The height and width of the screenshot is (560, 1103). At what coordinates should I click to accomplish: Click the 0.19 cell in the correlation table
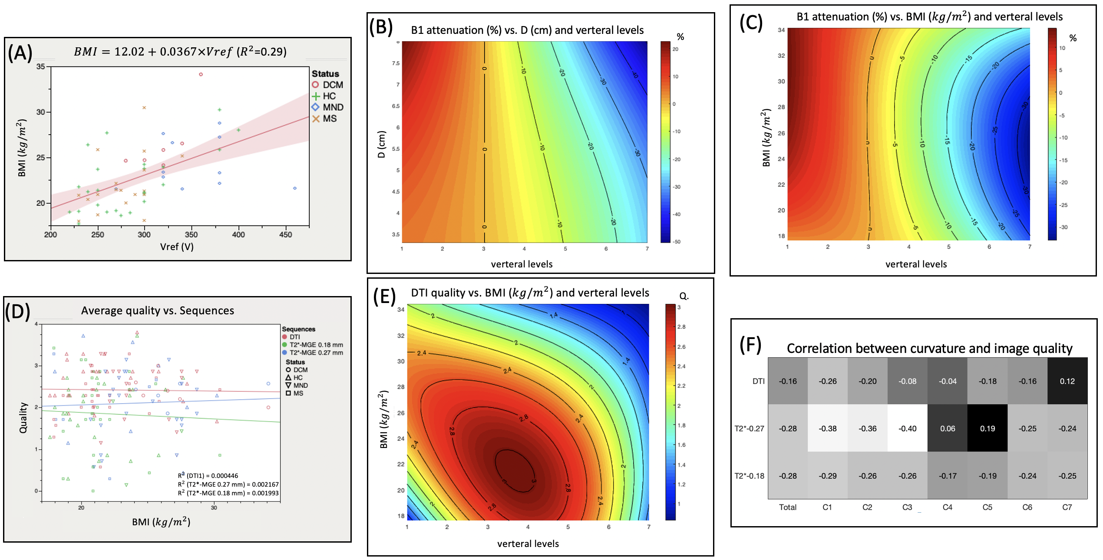click(987, 428)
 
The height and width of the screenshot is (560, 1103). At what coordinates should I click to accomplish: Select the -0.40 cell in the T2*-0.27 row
click(907, 428)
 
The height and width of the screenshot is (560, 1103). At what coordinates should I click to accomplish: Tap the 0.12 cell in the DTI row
click(1067, 381)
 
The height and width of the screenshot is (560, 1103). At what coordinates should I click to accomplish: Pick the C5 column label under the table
click(987, 507)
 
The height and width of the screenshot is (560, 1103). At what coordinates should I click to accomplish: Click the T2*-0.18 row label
click(749, 476)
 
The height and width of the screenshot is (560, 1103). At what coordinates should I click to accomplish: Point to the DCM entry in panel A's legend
click(328, 85)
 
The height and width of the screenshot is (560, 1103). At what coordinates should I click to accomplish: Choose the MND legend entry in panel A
click(328, 107)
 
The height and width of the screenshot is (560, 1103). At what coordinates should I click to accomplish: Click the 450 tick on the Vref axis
click(285, 234)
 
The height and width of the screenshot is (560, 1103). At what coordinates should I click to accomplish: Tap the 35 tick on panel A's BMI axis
click(40, 66)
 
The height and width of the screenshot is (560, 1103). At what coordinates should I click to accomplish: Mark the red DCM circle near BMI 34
click(201, 74)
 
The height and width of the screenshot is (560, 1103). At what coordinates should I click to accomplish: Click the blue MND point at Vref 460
click(295, 188)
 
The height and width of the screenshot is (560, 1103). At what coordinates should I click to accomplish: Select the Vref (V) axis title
click(177, 247)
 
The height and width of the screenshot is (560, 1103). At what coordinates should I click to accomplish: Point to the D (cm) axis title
click(381, 144)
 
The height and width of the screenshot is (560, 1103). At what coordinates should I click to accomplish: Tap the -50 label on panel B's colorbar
click(677, 241)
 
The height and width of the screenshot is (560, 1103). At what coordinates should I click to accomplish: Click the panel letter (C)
click(751, 23)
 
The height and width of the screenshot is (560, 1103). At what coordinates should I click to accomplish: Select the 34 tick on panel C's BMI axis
click(781, 30)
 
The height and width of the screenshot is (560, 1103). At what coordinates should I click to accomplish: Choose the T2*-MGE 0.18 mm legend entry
click(316, 345)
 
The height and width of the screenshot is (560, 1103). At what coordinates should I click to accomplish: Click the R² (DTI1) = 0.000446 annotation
click(208, 475)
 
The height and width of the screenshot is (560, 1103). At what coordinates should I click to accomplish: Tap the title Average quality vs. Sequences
click(157, 310)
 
